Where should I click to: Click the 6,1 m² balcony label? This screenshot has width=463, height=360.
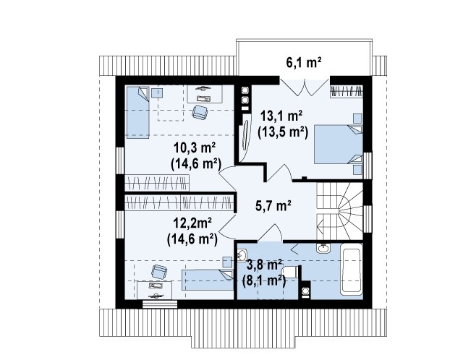[304, 62]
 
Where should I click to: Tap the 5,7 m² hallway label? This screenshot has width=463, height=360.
[273, 205]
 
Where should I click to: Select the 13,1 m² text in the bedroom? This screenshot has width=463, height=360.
[281, 116]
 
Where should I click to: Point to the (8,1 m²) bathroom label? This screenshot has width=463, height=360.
[264, 281]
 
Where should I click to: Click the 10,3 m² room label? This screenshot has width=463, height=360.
[194, 148]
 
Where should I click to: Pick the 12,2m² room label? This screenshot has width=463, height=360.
[192, 223]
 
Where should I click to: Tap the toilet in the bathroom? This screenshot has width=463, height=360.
[291, 272]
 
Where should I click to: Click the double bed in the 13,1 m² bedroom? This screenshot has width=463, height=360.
[338, 144]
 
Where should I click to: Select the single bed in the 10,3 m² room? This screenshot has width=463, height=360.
[138, 112]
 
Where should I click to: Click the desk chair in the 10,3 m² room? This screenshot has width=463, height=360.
[200, 112]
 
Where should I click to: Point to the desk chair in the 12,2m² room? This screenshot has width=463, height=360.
[159, 272]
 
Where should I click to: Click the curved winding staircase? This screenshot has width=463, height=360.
[339, 210]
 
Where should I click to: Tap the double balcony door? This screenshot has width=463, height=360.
[305, 87]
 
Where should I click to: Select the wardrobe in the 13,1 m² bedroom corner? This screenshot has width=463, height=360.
[346, 91]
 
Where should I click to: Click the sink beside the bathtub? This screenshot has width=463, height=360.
[323, 247]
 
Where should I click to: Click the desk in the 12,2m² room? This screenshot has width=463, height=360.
[155, 290]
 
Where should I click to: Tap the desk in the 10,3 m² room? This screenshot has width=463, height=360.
[205, 94]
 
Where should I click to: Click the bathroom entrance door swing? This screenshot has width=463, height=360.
[271, 233]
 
